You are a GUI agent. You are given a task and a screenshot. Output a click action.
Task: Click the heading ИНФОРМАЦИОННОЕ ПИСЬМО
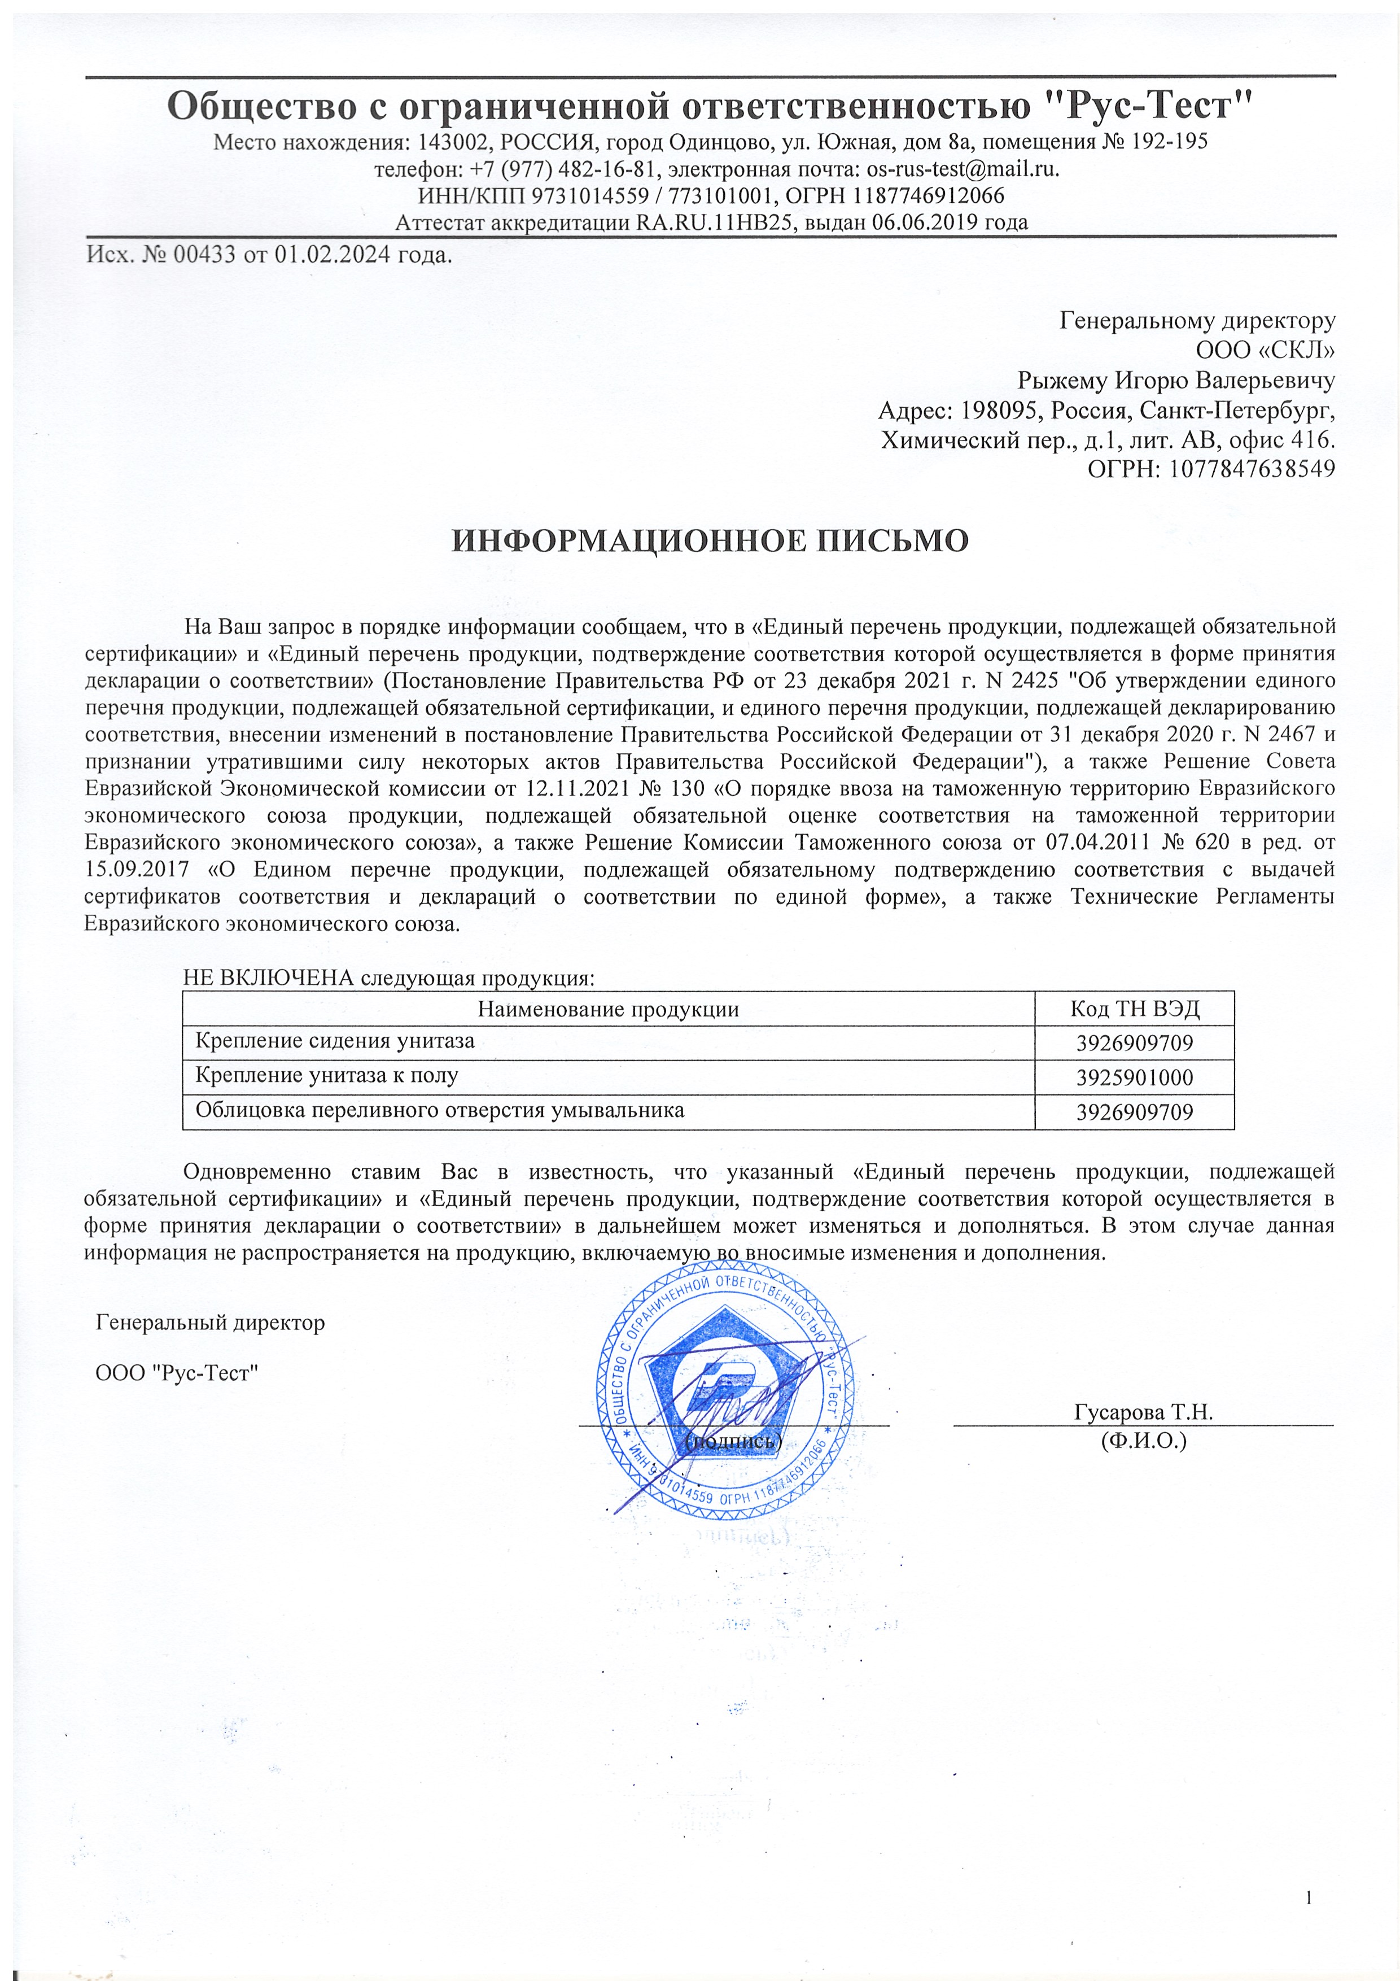(711, 541)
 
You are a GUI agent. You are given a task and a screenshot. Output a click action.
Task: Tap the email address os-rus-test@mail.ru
(962, 168)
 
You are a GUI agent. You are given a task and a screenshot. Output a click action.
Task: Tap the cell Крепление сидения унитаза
(335, 1041)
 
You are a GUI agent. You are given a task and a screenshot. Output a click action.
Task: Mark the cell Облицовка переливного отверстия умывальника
(440, 1110)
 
